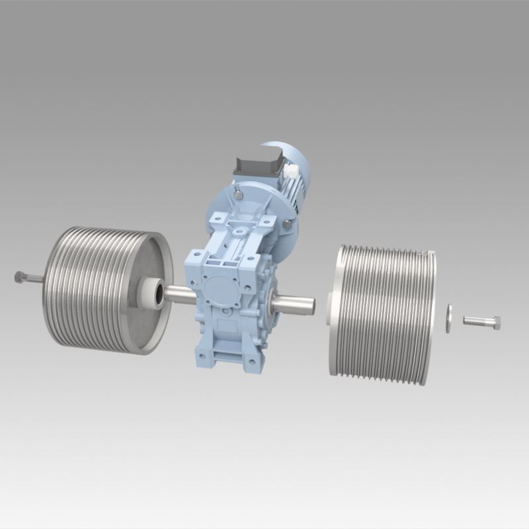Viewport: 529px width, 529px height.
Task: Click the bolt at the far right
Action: [481, 322]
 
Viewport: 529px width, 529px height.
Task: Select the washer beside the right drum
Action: [448, 318]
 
